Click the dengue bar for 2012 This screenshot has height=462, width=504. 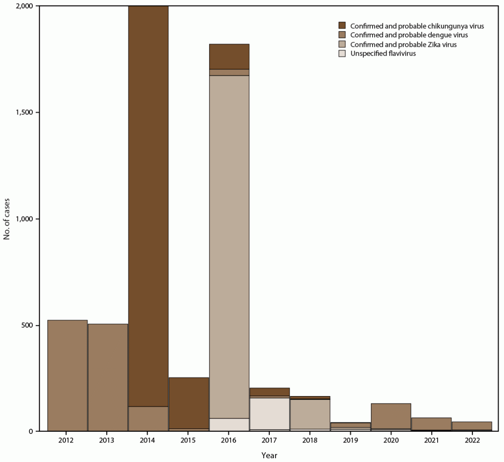[x=67, y=376]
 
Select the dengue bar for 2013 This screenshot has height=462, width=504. [x=108, y=377]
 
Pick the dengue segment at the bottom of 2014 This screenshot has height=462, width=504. [x=148, y=419]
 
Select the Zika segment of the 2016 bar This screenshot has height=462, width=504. [x=229, y=247]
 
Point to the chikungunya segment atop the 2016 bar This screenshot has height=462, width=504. [x=229, y=57]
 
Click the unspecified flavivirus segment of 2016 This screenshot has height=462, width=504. [x=229, y=425]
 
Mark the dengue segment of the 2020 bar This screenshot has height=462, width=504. [x=391, y=416]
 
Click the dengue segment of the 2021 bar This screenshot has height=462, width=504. [x=431, y=424]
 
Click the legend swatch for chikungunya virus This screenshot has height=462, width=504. [x=342, y=26]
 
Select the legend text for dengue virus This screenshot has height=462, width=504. [x=409, y=35]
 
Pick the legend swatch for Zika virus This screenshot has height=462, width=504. [x=342, y=45]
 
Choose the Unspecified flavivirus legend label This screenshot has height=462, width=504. [x=383, y=54]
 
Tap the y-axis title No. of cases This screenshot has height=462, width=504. [x=7, y=219]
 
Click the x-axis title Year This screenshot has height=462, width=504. [x=269, y=456]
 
